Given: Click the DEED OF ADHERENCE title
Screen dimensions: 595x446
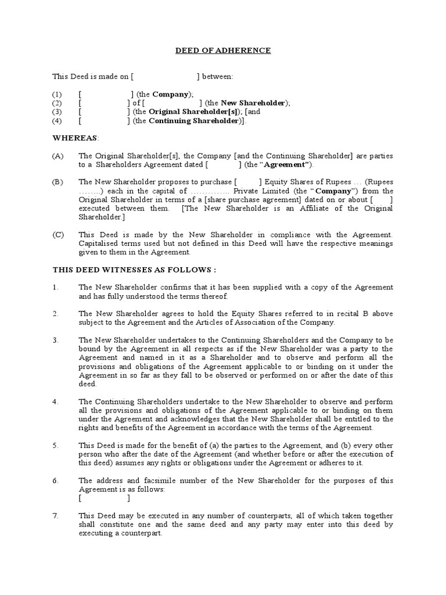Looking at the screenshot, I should coord(224,51).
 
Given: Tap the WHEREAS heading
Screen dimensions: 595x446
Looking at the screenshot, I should coord(75,138).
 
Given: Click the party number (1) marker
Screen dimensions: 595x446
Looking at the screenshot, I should coord(57,94).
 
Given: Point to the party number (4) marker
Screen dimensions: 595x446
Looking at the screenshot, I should coord(57,121).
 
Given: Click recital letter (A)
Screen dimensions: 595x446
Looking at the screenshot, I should coord(57,156).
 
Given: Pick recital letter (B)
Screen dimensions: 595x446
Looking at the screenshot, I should coord(57,182).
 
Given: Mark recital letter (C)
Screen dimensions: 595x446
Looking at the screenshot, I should coord(57,235).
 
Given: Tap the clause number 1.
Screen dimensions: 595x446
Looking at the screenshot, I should coord(55,288).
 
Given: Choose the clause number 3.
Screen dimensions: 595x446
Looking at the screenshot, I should coord(55,340).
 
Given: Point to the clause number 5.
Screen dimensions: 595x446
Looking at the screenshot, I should coord(55,445).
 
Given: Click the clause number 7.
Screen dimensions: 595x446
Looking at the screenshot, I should coord(55,515).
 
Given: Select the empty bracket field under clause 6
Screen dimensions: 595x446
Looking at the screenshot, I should coord(105,498).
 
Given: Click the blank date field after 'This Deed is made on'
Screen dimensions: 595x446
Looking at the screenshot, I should coord(166,77).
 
